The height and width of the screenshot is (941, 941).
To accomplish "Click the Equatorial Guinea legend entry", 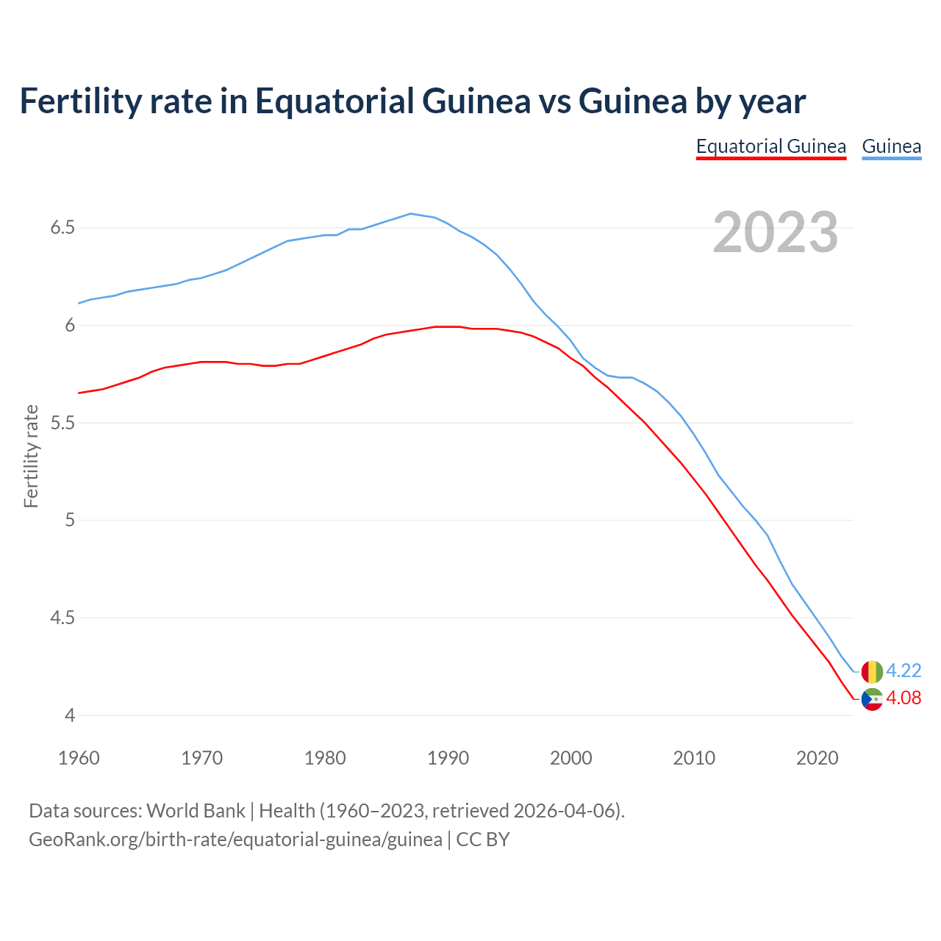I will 771,146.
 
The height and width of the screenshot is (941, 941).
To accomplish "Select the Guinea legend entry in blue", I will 891,146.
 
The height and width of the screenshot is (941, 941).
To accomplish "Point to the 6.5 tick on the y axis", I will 62,228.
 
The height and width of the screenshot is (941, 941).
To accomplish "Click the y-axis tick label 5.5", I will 62,423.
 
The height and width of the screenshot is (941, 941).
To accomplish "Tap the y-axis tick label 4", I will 70,715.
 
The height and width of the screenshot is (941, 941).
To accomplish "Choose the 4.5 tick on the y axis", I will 62,618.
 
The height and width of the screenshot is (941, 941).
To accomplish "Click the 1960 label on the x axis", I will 79,758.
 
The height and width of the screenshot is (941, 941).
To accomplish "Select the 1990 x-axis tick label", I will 448,758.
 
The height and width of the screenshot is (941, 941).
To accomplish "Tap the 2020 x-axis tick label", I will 817,758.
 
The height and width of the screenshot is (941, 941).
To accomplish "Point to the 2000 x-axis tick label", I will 570,758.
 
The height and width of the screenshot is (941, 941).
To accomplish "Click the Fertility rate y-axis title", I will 31,456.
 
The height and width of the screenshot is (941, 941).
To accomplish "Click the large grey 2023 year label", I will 775,232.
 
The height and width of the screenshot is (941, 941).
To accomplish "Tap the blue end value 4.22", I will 904,670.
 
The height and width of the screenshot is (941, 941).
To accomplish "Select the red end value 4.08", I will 904,698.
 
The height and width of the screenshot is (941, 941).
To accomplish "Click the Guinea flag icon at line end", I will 872,671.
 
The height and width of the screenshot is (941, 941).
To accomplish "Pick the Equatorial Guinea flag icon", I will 872,699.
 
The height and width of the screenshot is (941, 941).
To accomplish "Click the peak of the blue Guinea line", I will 410,214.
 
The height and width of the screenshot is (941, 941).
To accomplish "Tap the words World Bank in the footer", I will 196,811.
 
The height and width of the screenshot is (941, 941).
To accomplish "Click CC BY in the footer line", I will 483,840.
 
